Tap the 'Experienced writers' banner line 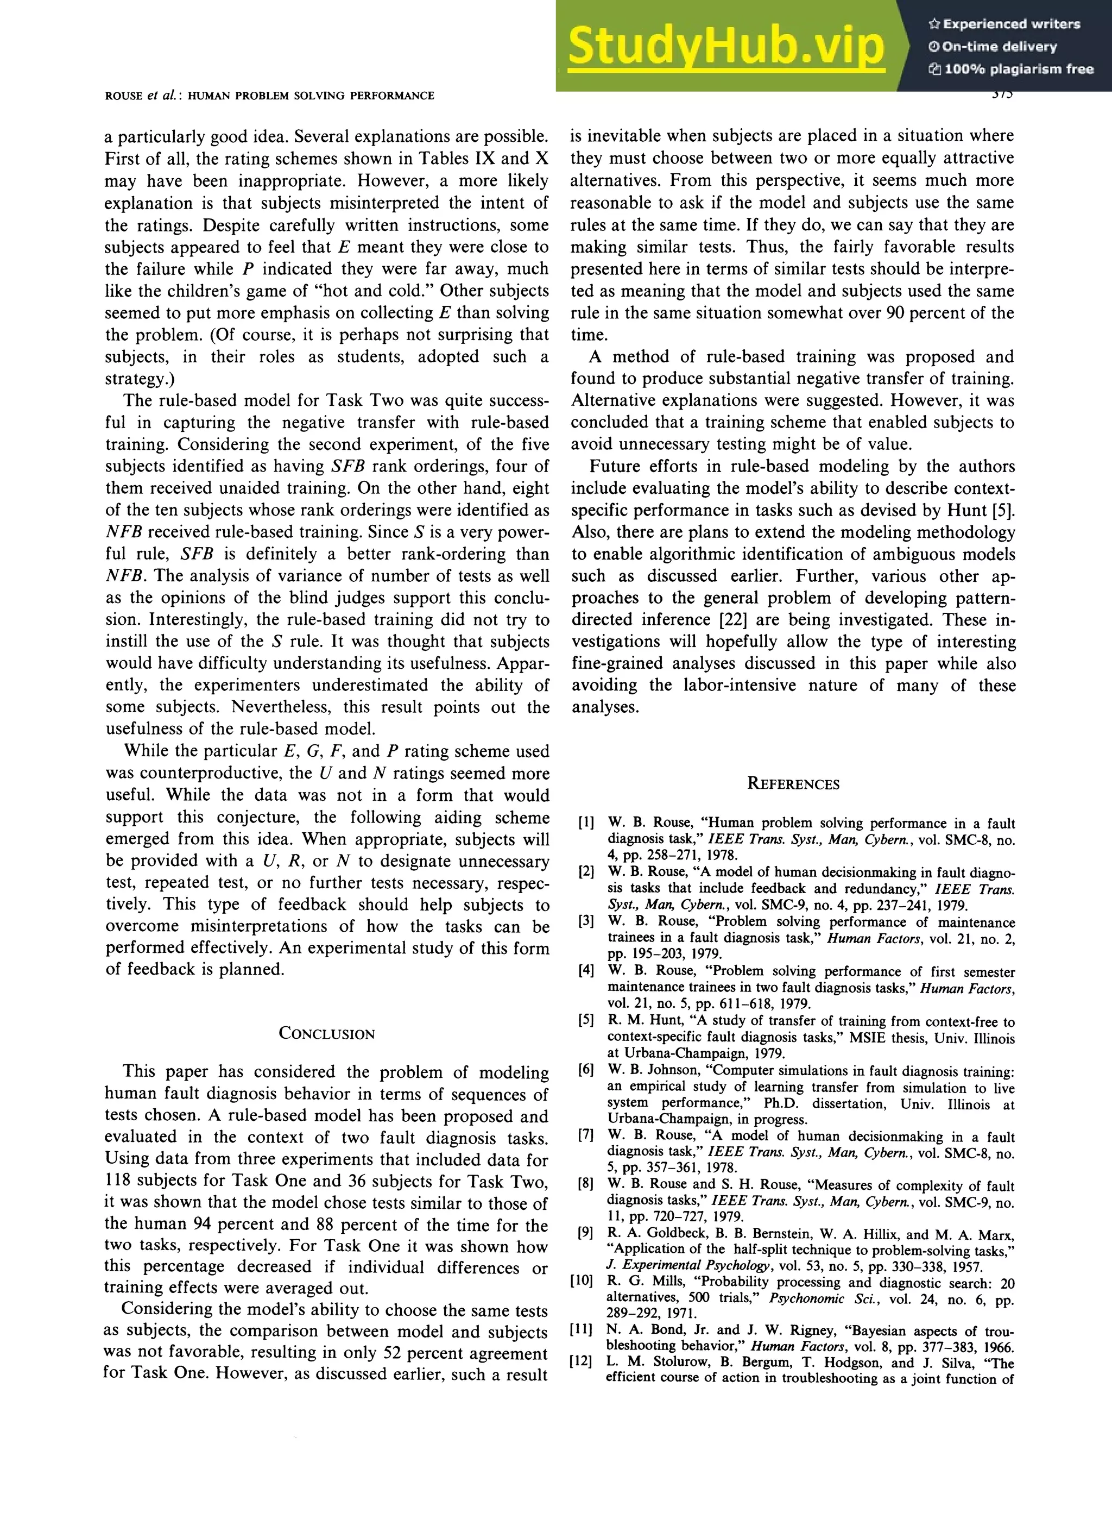pos(1004,24)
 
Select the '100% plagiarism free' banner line pos(1010,68)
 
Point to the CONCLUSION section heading pos(326,1033)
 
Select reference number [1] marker pos(586,823)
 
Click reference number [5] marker pos(586,1020)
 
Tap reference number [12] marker pos(582,1361)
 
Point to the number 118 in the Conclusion pos(118,1181)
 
